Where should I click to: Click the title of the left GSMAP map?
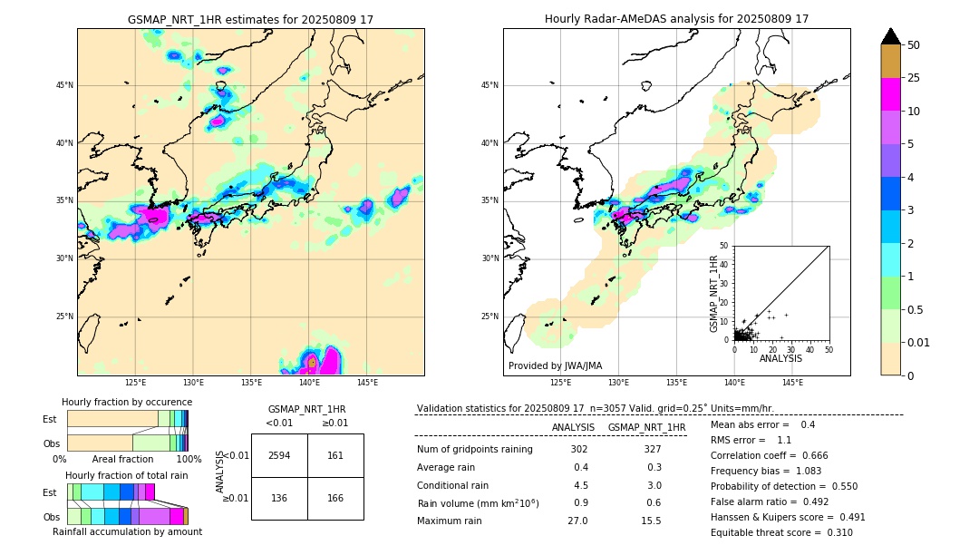pyautogui.click(x=250, y=19)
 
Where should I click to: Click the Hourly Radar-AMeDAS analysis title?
pyautogui.click(x=676, y=19)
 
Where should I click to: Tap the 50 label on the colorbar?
pyautogui.click(x=914, y=44)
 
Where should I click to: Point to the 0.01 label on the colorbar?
pyautogui.click(x=917, y=342)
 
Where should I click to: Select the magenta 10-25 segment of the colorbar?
pyautogui.click(x=890, y=94)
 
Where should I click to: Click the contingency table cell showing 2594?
pyautogui.click(x=279, y=455)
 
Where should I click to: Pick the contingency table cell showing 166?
pyautogui.click(x=335, y=498)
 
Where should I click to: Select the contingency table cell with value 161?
pyautogui.click(x=335, y=455)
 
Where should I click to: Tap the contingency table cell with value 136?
pyautogui.click(x=279, y=498)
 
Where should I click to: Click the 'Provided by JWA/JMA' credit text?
pyautogui.click(x=555, y=366)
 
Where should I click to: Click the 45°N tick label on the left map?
pyautogui.click(x=64, y=85)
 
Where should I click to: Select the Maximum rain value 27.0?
pyautogui.click(x=577, y=521)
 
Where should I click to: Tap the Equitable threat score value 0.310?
pyautogui.click(x=834, y=532)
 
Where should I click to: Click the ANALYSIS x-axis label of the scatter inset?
pyautogui.click(x=780, y=358)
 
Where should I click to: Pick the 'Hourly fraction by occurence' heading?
pyautogui.click(x=127, y=402)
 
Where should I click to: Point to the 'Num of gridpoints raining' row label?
pyautogui.click(x=474, y=450)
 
